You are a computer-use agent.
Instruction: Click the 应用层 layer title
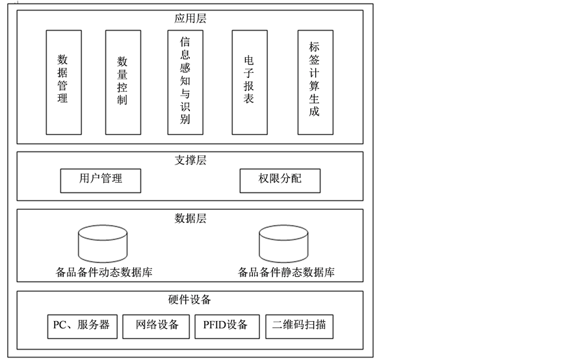(190, 18)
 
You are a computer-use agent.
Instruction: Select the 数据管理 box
(62, 82)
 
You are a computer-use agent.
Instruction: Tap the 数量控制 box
(122, 82)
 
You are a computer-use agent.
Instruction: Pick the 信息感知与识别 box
(185, 82)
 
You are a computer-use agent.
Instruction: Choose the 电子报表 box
(249, 82)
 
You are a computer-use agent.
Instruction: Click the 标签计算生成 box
(315, 82)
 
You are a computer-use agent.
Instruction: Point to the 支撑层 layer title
(190, 160)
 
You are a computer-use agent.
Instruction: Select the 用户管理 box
(101, 180)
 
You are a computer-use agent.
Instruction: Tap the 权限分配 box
(280, 180)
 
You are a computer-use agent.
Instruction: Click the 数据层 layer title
(190, 218)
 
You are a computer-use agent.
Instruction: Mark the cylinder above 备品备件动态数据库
(103, 242)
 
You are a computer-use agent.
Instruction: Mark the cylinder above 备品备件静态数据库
(284, 242)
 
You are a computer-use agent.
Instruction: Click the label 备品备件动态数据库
(105, 272)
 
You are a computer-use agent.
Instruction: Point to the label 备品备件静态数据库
(287, 272)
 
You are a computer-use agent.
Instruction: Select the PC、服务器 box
(82, 326)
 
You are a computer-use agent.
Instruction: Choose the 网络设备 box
(157, 326)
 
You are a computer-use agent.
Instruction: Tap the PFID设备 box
(226, 326)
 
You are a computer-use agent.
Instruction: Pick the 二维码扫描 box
(299, 326)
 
